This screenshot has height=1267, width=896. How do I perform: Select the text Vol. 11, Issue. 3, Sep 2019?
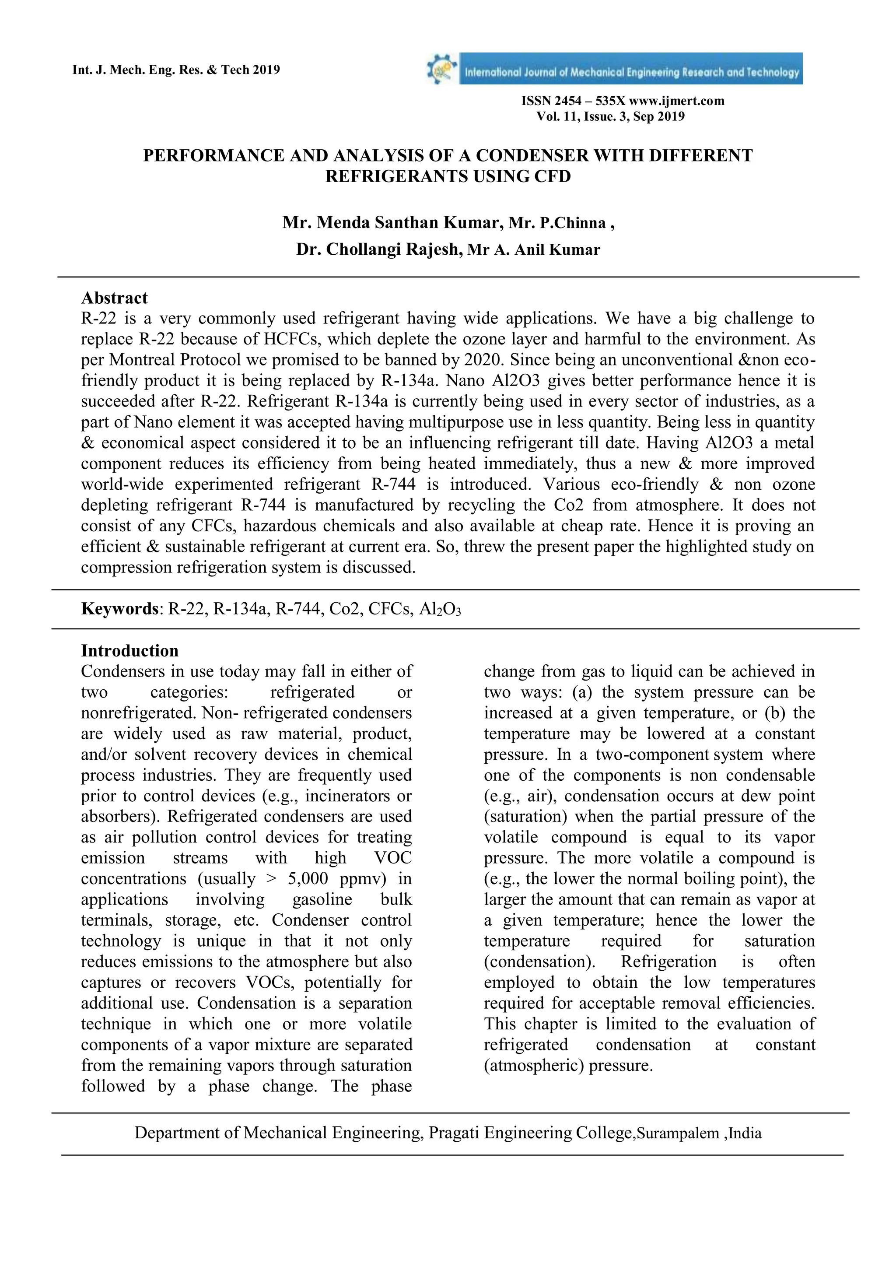pos(610,116)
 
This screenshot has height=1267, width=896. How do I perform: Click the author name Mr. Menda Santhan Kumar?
pos(392,222)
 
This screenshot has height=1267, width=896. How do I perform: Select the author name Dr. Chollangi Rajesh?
pos(378,249)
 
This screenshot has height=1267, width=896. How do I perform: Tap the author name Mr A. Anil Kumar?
pos(533,250)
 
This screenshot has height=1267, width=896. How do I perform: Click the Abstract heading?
pos(114,298)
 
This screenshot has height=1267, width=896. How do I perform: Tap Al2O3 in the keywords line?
pos(440,609)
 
